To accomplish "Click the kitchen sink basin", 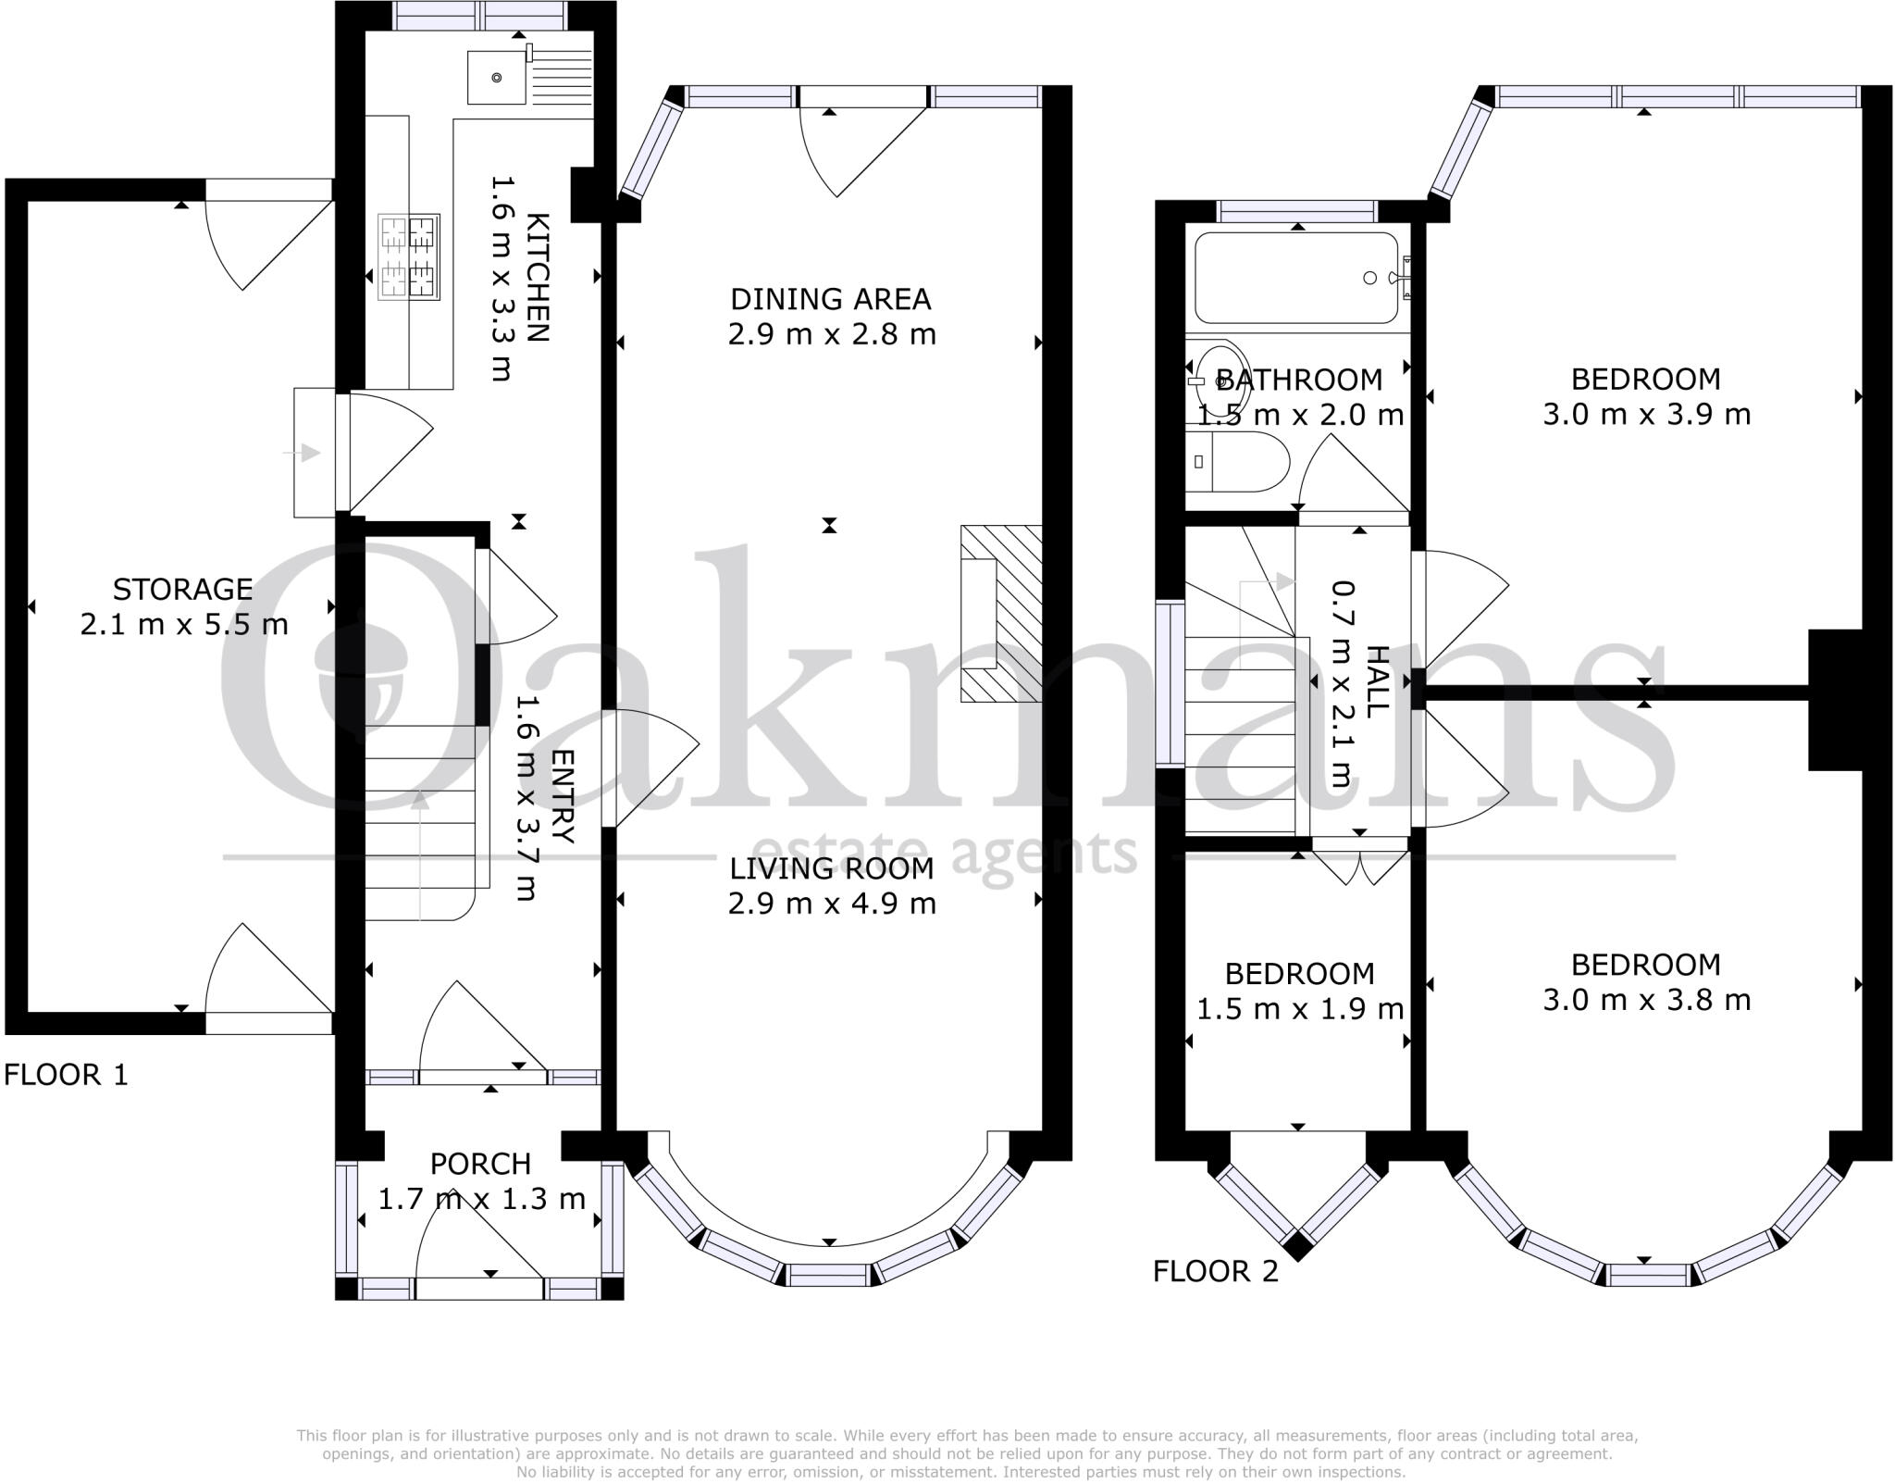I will click(496, 77).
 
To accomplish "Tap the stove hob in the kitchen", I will click(409, 256).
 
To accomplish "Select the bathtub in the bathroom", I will click(1296, 278).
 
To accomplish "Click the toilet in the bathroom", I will click(1236, 461).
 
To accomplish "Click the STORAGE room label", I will click(183, 589).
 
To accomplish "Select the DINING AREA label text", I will click(831, 299).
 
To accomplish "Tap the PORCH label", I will click(480, 1164).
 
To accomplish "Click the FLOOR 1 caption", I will click(66, 1075).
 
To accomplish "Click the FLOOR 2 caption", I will click(1215, 1271).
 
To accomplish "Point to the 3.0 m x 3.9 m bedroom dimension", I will click(1646, 414).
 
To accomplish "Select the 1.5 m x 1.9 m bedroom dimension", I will click(1300, 1008).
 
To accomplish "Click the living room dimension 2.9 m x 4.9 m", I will click(831, 903).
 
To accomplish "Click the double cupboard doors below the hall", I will click(1360, 866).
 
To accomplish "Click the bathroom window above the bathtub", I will click(1296, 211).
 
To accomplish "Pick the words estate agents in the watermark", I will click(944, 854).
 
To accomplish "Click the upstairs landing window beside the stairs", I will click(1170, 683).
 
